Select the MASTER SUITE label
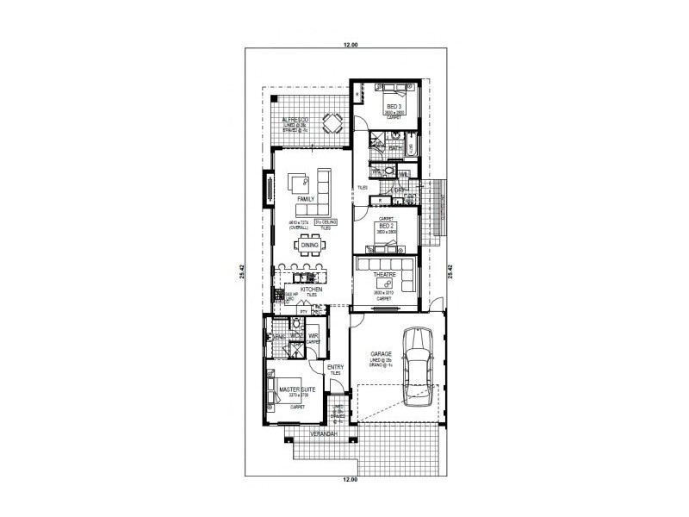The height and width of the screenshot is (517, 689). click(297, 390)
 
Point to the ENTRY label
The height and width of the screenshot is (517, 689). click(335, 368)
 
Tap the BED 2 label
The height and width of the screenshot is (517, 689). click(386, 225)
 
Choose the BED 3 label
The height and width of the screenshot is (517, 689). click(394, 106)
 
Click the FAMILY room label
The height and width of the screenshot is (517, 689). click(306, 198)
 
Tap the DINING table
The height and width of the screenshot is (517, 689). click(309, 246)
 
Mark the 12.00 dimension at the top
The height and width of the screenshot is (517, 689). click(349, 44)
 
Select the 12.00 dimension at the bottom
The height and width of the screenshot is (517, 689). click(349, 478)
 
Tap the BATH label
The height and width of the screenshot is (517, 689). click(395, 148)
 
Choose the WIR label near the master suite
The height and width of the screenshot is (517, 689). click(313, 336)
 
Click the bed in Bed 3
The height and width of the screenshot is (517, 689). click(387, 88)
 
